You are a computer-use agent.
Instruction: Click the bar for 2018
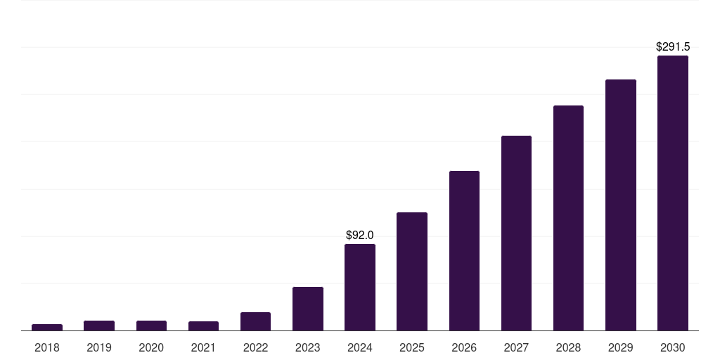click(x=47, y=327)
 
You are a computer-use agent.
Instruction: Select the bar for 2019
click(x=99, y=326)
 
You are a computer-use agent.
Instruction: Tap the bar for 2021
click(x=203, y=326)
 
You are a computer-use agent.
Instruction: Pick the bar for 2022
click(x=255, y=321)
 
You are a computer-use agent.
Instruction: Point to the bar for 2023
click(x=308, y=309)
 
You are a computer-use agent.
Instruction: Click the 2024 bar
click(x=360, y=287)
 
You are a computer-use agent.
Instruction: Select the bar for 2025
click(x=412, y=271)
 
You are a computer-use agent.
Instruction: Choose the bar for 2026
click(x=464, y=250)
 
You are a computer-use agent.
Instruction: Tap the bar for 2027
click(x=516, y=233)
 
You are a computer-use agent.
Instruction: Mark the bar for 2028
click(x=568, y=218)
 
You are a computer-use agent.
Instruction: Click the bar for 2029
click(x=621, y=205)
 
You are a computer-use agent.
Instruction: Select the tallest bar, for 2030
click(x=673, y=193)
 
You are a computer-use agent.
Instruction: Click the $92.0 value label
click(x=360, y=235)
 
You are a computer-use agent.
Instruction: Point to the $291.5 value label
click(x=673, y=47)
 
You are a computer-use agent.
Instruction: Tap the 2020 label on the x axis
click(x=151, y=347)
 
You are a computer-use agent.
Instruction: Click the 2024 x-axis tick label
click(x=360, y=347)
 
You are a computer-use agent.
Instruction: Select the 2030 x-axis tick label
click(x=673, y=347)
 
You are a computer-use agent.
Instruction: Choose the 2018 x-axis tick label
click(x=47, y=347)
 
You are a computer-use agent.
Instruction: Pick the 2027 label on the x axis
click(x=516, y=347)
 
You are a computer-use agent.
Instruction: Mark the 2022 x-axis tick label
click(x=255, y=347)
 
